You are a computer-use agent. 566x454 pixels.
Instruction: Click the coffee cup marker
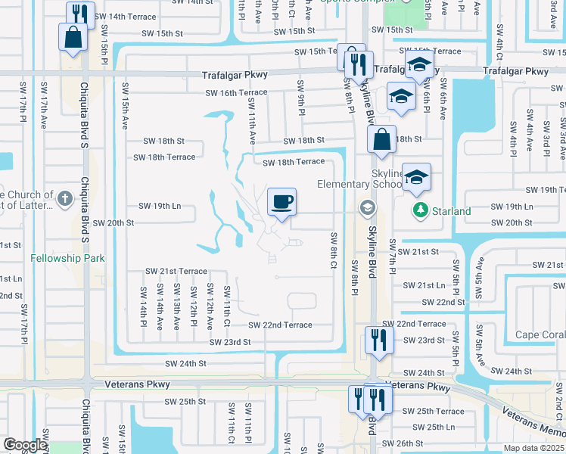tap(281, 202)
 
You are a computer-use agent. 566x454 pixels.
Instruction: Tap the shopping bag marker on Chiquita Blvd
tap(73, 37)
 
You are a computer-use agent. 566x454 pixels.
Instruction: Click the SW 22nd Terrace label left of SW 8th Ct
tap(280, 325)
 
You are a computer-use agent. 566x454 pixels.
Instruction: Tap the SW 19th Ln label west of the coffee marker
tap(160, 206)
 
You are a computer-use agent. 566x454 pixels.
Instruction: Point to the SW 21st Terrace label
tap(176, 271)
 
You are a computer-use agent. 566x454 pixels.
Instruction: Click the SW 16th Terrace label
tap(236, 92)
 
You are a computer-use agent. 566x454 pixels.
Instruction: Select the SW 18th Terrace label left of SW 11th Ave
tap(163, 157)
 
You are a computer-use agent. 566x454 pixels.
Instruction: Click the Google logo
tap(24, 445)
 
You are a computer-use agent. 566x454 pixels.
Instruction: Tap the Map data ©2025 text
tap(534, 448)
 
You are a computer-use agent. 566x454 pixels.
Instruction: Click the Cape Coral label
tap(540, 335)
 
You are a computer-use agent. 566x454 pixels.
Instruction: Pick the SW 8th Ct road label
tap(333, 249)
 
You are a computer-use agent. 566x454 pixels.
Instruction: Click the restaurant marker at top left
tap(80, 14)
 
